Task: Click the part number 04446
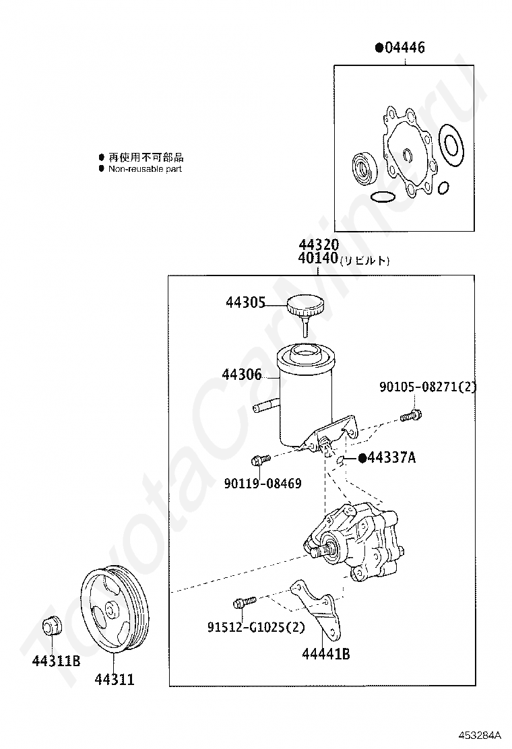404,48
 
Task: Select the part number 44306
243,375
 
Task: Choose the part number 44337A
391,459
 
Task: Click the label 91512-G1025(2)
256,627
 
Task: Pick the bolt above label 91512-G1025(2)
243,600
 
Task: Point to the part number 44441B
325,653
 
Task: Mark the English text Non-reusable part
145,169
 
